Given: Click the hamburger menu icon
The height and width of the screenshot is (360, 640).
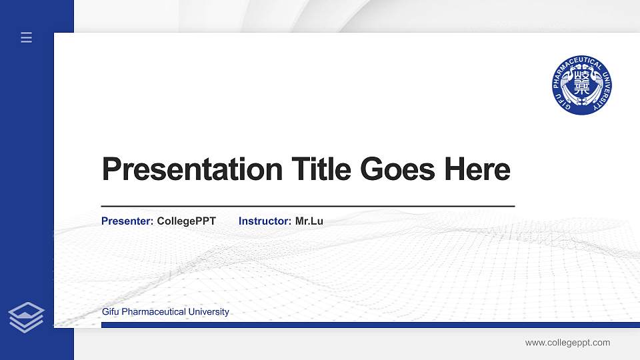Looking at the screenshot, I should [26, 37].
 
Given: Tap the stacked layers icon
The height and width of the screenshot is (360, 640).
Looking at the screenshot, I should [26, 317].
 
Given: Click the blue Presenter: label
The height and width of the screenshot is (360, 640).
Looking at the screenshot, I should [127, 221].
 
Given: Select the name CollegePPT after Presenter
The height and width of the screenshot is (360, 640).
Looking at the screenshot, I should [187, 221].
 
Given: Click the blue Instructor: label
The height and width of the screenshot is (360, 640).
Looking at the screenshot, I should [265, 221].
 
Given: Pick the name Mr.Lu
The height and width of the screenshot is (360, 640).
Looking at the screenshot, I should [309, 221].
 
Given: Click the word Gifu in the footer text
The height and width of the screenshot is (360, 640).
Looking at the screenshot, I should [110, 312].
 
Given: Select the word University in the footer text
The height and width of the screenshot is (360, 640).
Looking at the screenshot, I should [209, 312].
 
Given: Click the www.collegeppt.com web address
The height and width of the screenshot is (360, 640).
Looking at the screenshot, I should [567, 343].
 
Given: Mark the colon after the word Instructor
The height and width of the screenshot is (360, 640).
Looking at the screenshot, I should [289, 221].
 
